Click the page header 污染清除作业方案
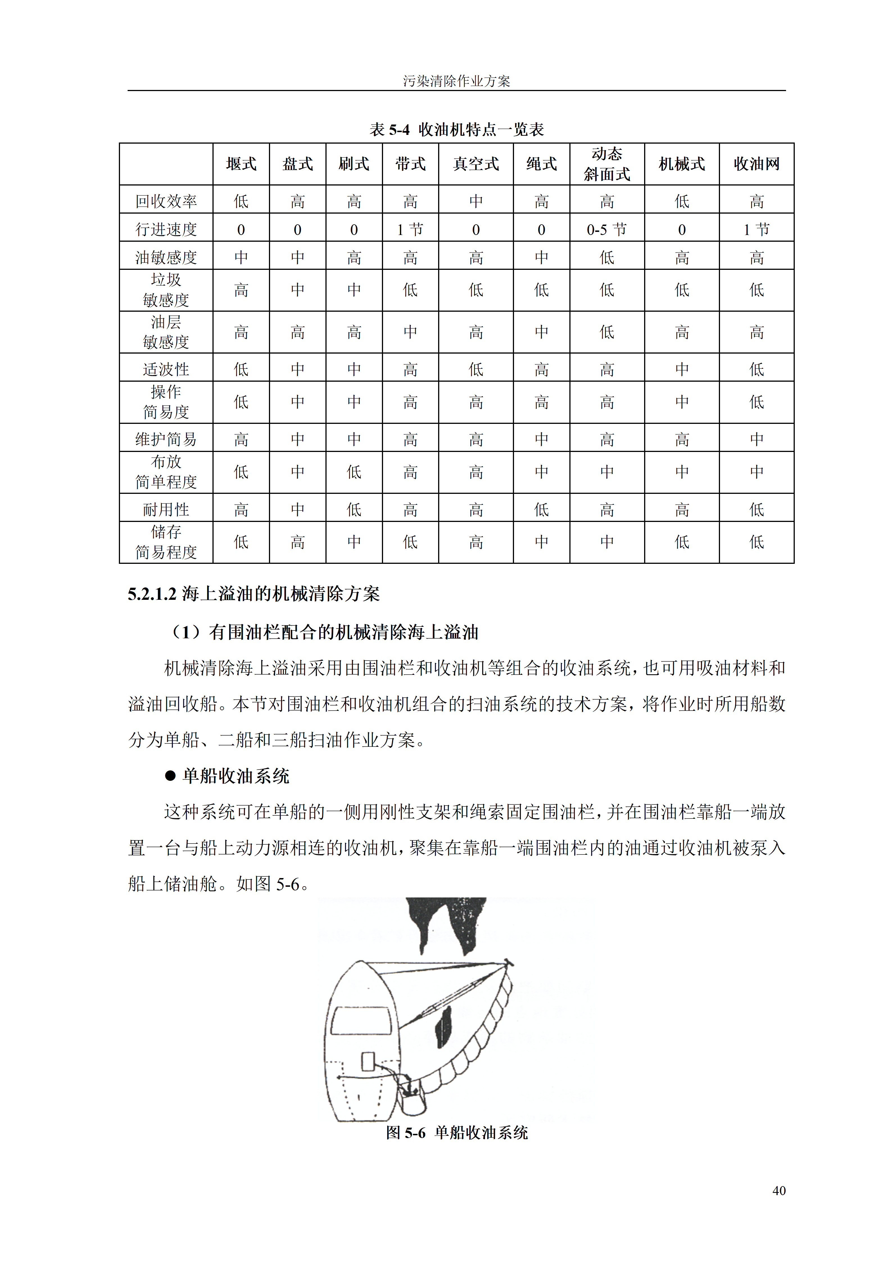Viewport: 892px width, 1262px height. coord(456,81)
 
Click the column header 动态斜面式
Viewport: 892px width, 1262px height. coord(607,164)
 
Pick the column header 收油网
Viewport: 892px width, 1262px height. coord(756,164)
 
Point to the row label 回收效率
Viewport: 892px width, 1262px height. coord(166,201)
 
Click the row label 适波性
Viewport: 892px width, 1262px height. coord(166,369)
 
